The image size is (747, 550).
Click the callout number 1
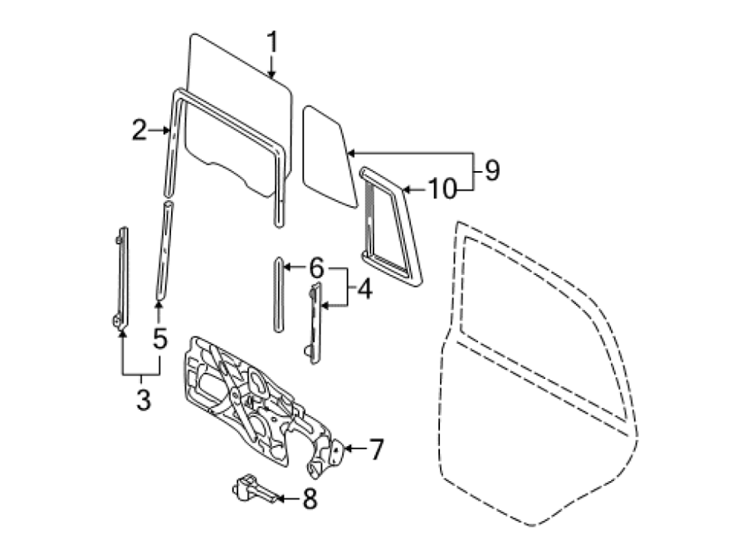coord(272,42)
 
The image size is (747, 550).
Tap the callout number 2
coord(139,130)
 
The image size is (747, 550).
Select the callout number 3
coord(144,400)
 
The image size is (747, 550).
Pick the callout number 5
coord(160,338)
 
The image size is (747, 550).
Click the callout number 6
coord(317,268)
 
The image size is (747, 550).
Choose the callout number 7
coord(376,449)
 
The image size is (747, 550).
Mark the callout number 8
coord(310,499)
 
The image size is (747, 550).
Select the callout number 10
coord(442,189)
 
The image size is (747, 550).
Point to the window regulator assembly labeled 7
coord(263,407)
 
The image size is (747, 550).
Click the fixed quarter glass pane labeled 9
coord(329,156)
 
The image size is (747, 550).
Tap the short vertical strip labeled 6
coord(279,294)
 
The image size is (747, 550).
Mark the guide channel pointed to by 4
coord(315,323)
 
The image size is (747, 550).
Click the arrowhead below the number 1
coord(271,74)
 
